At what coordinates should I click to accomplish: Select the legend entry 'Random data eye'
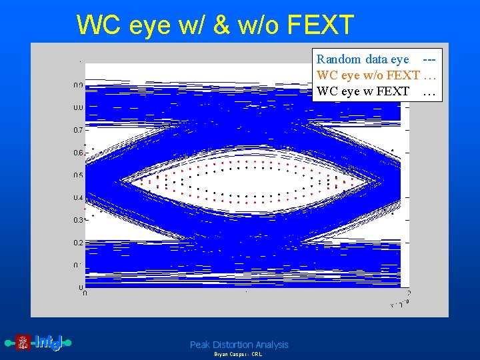coord(363,59)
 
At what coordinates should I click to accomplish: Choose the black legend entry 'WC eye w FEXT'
coord(363,91)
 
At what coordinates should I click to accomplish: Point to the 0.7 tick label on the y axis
coord(78,130)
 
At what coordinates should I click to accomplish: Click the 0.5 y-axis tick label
coord(78,175)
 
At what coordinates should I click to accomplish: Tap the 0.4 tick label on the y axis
coord(78,198)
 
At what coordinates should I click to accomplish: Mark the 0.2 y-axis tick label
coord(78,243)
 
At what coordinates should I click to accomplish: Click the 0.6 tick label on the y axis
coord(78,153)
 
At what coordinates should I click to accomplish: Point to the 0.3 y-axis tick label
coord(78,221)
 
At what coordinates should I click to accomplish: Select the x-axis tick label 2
coord(408,293)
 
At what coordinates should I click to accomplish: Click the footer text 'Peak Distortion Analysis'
coord(239,345)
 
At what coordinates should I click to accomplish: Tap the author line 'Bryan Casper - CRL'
coord(238,355)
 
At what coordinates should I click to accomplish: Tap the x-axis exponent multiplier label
coord(399,304)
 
